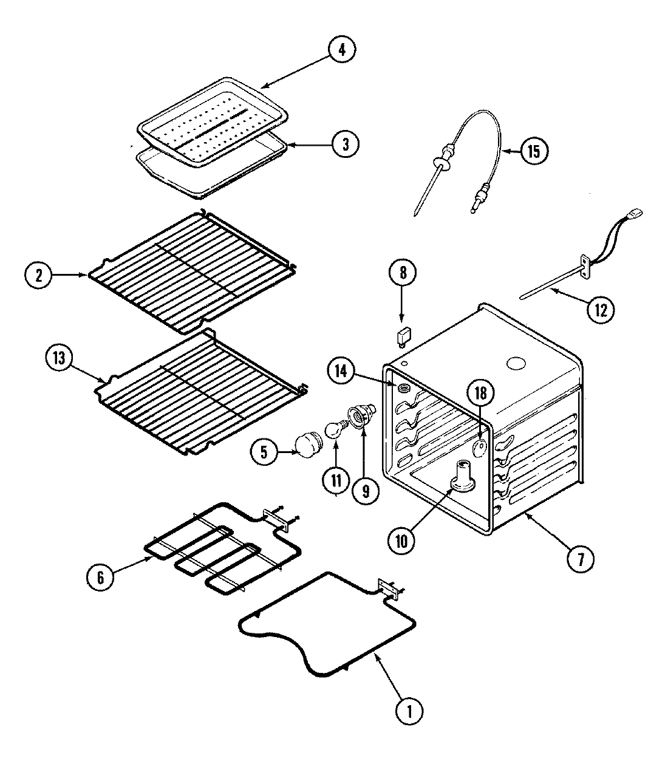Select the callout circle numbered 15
click(533, 151)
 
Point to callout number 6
click(100, 578)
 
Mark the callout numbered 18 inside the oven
click(480, 394)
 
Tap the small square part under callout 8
click(401, 334)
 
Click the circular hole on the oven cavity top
click(516, 364)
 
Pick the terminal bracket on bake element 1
click(386, 588)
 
